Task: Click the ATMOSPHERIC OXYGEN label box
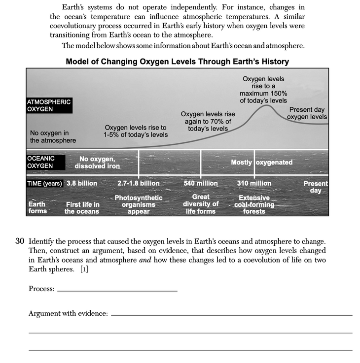[49, 105]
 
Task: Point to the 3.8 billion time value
[82, 183]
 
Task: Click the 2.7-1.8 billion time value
[139, 183]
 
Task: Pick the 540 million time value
[201, 183]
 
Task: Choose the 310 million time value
[254, 183]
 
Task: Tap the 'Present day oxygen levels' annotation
[308, 113]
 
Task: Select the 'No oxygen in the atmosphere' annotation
[53, 136]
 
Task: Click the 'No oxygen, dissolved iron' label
[98, 163]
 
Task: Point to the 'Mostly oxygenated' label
[261, 162]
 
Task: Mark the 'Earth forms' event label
[37, 207]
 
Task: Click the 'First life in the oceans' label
[82, 208]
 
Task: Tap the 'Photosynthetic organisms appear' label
[139, 204]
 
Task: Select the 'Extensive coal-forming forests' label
[254, 204]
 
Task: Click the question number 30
[20, 241]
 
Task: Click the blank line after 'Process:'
[117, 290]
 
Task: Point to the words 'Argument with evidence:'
[68, 313]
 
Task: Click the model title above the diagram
[177, 62]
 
